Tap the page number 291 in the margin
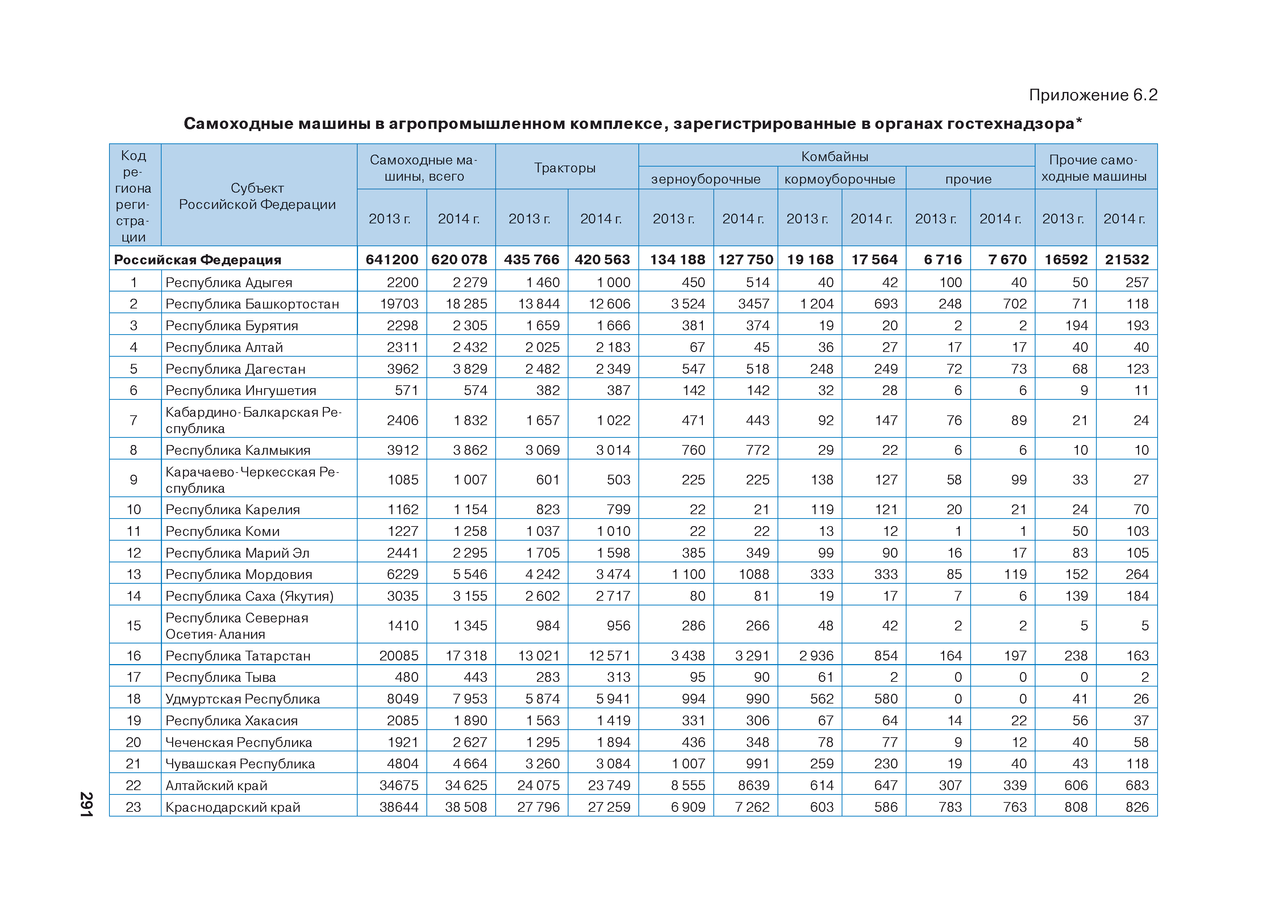[86, 804]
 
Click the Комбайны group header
[834, 156]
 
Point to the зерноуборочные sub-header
[705, 179]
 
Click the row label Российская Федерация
[197, 260]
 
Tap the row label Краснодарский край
[233, 807]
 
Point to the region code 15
[133, 626]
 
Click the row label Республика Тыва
[220, 677]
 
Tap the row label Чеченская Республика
[239, 743]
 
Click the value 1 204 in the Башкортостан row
[817, 304]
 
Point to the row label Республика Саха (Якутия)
[249, 596]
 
